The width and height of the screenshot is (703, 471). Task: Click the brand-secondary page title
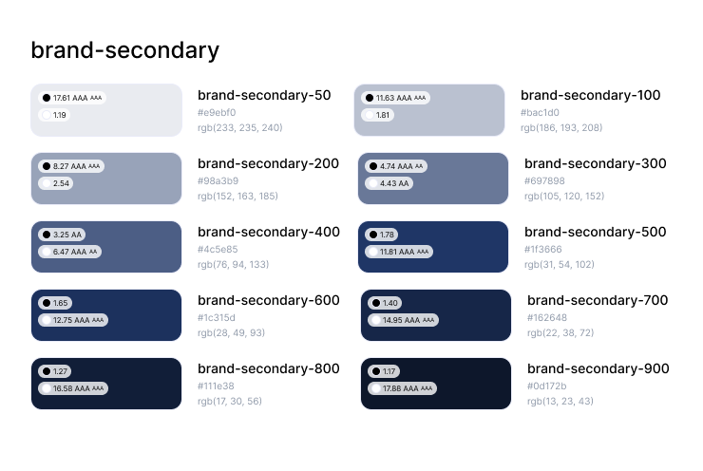point(125,50)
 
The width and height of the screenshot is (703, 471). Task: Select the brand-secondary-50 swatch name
point(264,95)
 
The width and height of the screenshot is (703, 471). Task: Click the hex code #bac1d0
point(540,112)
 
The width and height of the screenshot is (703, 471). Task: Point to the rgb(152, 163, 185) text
point(237,196)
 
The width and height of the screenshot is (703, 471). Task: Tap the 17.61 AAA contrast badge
point(71,98)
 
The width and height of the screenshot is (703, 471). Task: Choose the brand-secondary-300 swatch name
point(596,163)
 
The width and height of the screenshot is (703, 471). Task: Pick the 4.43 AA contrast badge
point(389,183)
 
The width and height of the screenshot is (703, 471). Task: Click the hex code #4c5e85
point(218,249)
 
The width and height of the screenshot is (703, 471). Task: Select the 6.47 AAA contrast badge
point(67,252)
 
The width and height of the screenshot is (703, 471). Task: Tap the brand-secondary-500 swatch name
point(596,232)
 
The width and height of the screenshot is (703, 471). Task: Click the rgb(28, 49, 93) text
point(231,332)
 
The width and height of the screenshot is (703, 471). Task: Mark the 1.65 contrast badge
point(55,303)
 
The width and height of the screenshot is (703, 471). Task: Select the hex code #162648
point(547,317)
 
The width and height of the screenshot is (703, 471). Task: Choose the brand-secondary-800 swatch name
point(268,368)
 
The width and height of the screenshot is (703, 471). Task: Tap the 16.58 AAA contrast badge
point(73,388)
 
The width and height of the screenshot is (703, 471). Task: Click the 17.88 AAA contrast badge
point(399,388)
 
